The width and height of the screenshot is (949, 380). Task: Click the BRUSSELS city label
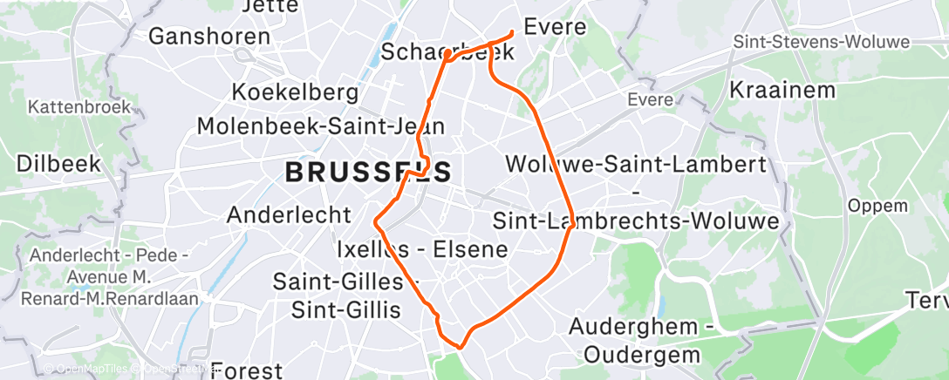[369, 172]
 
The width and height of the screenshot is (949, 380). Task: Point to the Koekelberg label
[295, 92]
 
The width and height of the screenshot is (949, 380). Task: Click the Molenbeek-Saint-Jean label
[320, 126]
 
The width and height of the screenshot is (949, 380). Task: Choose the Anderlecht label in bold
[289, 214]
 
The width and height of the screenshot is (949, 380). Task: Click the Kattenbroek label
[79, 107]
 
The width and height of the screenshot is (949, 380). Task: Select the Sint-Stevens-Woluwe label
[821, 42]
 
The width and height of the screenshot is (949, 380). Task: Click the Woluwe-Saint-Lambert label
[636, 164]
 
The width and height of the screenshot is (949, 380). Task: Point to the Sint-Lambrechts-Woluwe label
[636, 221]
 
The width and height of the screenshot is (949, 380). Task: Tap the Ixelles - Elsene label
[422, 250]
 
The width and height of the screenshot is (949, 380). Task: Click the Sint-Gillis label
[345, 309]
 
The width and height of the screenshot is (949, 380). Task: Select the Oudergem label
[642, 355]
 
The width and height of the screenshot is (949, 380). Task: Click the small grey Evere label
[650, 100]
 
